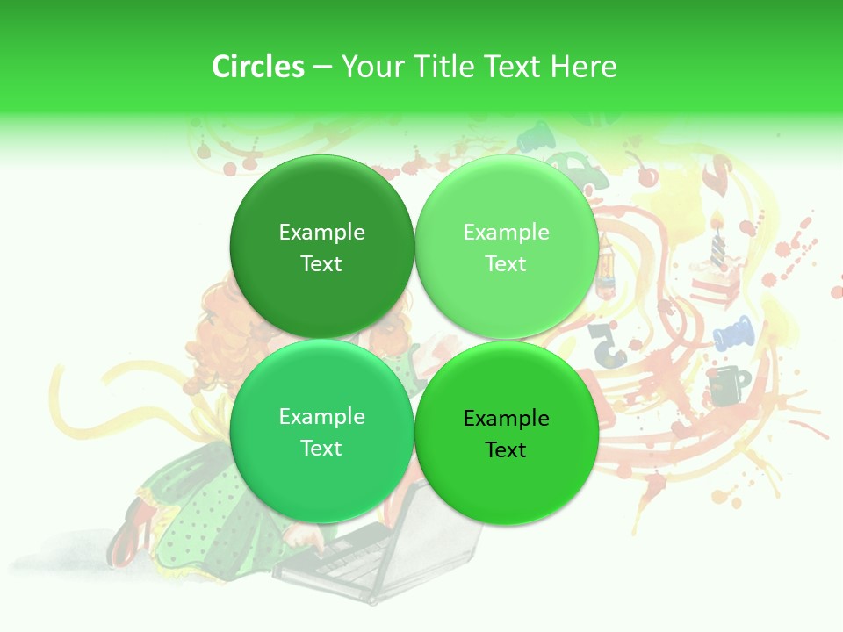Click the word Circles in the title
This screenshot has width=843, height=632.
tap(257, 67)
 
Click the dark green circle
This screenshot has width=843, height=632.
tap(321, 247)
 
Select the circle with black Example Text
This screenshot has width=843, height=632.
tap(506, 434)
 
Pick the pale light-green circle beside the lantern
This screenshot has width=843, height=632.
tap(506, 247)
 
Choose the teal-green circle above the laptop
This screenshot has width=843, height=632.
tap(321, 432)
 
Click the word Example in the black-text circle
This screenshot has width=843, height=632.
tap(506, 419)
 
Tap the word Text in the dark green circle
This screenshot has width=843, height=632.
tap(321, 264)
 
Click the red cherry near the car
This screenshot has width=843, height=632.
tap(648, 176)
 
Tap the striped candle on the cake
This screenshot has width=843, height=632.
tap(718, 239)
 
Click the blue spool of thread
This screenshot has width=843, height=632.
tap(732, 334)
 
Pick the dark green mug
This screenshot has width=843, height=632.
tap(728, 386)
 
